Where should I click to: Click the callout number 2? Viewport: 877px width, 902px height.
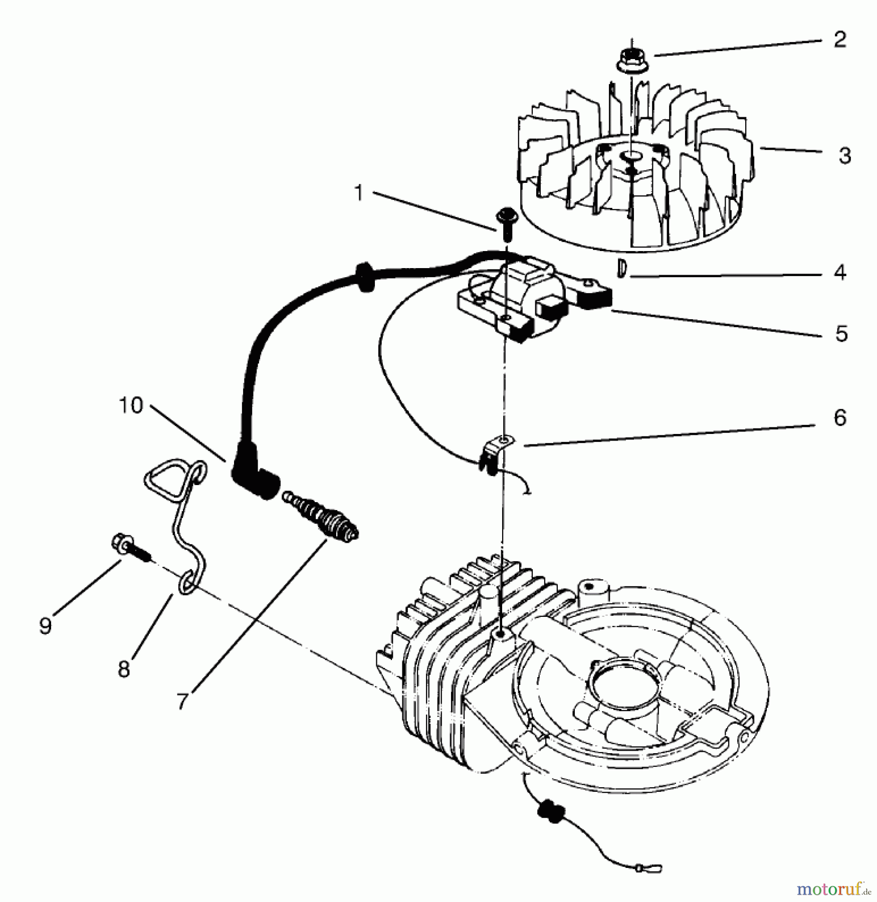click(x=840, y=40)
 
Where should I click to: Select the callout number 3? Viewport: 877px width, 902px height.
click(x=845, y=156)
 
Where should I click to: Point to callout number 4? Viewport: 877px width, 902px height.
click(x=840, y=273)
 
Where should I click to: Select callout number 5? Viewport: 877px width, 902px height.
click(x=841, y=333)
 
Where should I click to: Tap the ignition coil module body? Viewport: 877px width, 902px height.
click(x=521, y=306)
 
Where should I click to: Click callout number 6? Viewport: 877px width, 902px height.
click(x=840, y=417)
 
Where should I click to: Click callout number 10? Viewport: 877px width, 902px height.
click(x=131, y=404)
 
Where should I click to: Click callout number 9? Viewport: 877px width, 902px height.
click(x=45, y=625)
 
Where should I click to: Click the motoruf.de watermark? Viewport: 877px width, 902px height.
click(x=832, y=889)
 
